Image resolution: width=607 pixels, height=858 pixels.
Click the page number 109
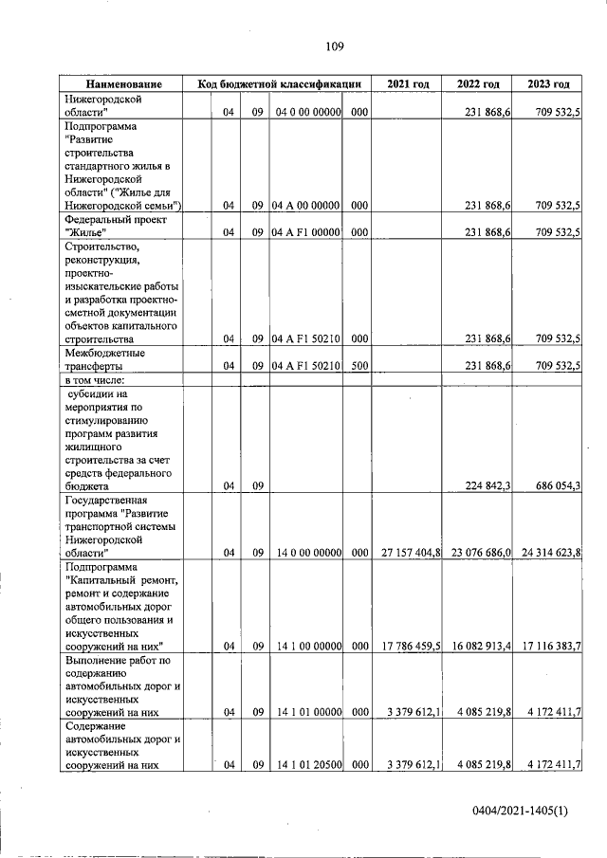334,46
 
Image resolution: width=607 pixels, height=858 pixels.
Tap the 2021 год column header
407,84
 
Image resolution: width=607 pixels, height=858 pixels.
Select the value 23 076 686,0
480,552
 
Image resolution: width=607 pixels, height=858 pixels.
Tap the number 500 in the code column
359,365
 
